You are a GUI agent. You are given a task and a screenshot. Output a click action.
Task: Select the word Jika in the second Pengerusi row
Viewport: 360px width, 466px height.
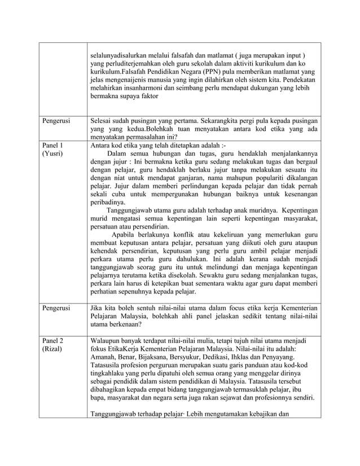[97, 307]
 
